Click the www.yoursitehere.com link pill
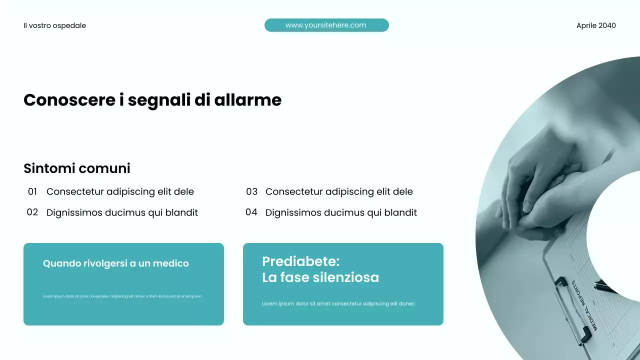pyautogui.click(x=326, y=25)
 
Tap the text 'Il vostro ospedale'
pyautogui.click(x=54, y=25)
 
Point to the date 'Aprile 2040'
pyautogui.click(x=596, y=25)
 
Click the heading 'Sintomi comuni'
pyautogui.click(x=77, y=168)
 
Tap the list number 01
pyautogui.click(x=32, y=191)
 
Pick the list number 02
pyautogui.click(x=32, y=212)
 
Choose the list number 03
pyautogui.click(x=251, y=191)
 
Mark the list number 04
pyautogui.click(x=251, y=212)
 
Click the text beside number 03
pyautogui.click(x=339, y=191)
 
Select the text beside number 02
pyautogui.click(x=122, y=212)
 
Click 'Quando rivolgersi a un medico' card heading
pyautogui.click(x=116, y=263)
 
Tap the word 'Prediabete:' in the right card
pyautogui.click(x=300, y=261)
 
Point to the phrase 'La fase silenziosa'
pyautogui.click(x=320, y=277)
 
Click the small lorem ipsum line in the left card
pyautogui.click(x=122, y=296)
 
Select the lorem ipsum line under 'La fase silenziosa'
pyautogui.click(x=338, y=303)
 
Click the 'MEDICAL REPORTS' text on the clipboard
pyautogui.click(x=585, y=305)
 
